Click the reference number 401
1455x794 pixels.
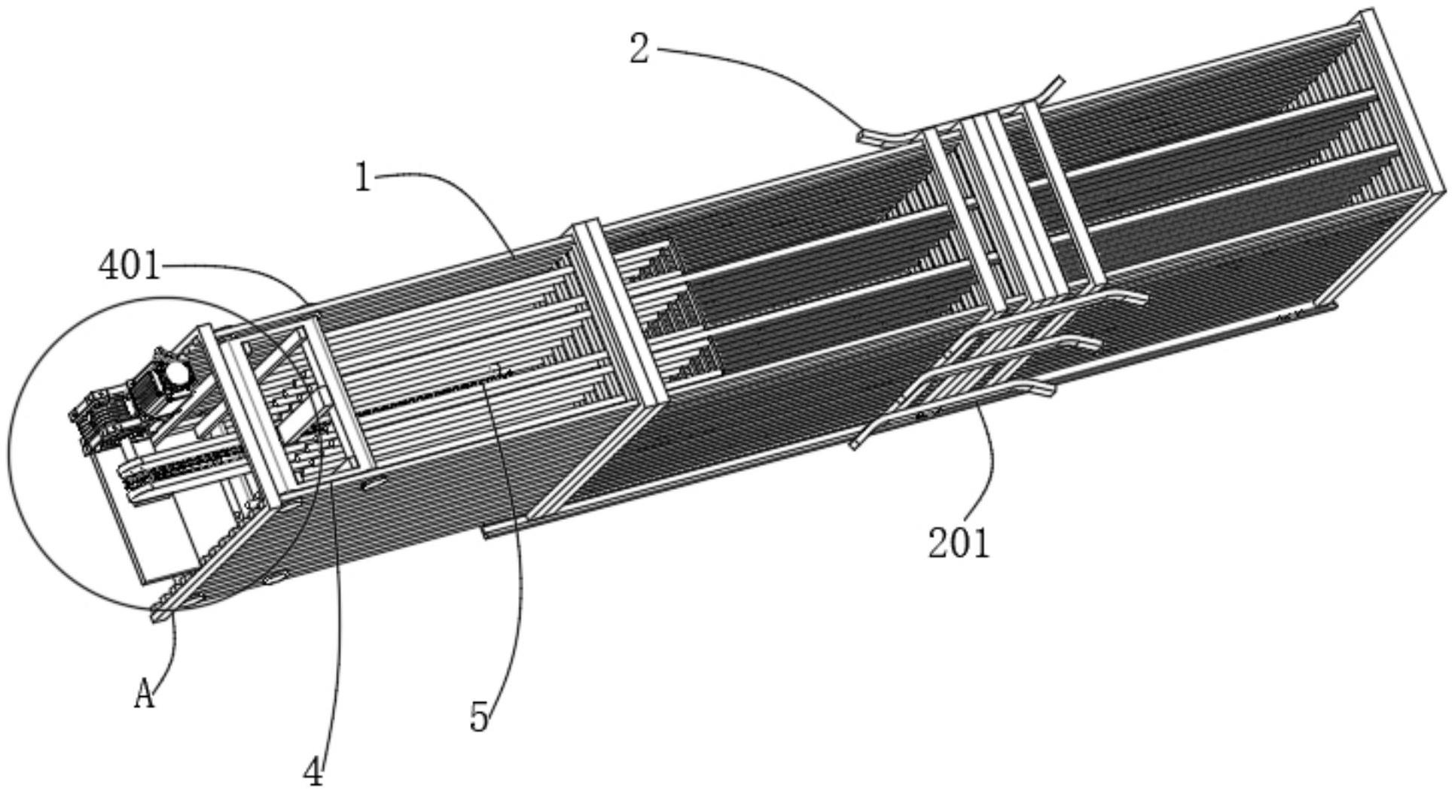[129, 266]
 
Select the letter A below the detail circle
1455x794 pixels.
[144, 695]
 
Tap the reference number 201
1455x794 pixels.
[958, 543]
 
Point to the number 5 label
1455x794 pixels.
[480, 716]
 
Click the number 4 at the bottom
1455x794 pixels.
[314, 772]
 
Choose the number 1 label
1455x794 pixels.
[363, 178]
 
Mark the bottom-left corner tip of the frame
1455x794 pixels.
[156, 617]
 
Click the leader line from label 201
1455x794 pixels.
[990, 452]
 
